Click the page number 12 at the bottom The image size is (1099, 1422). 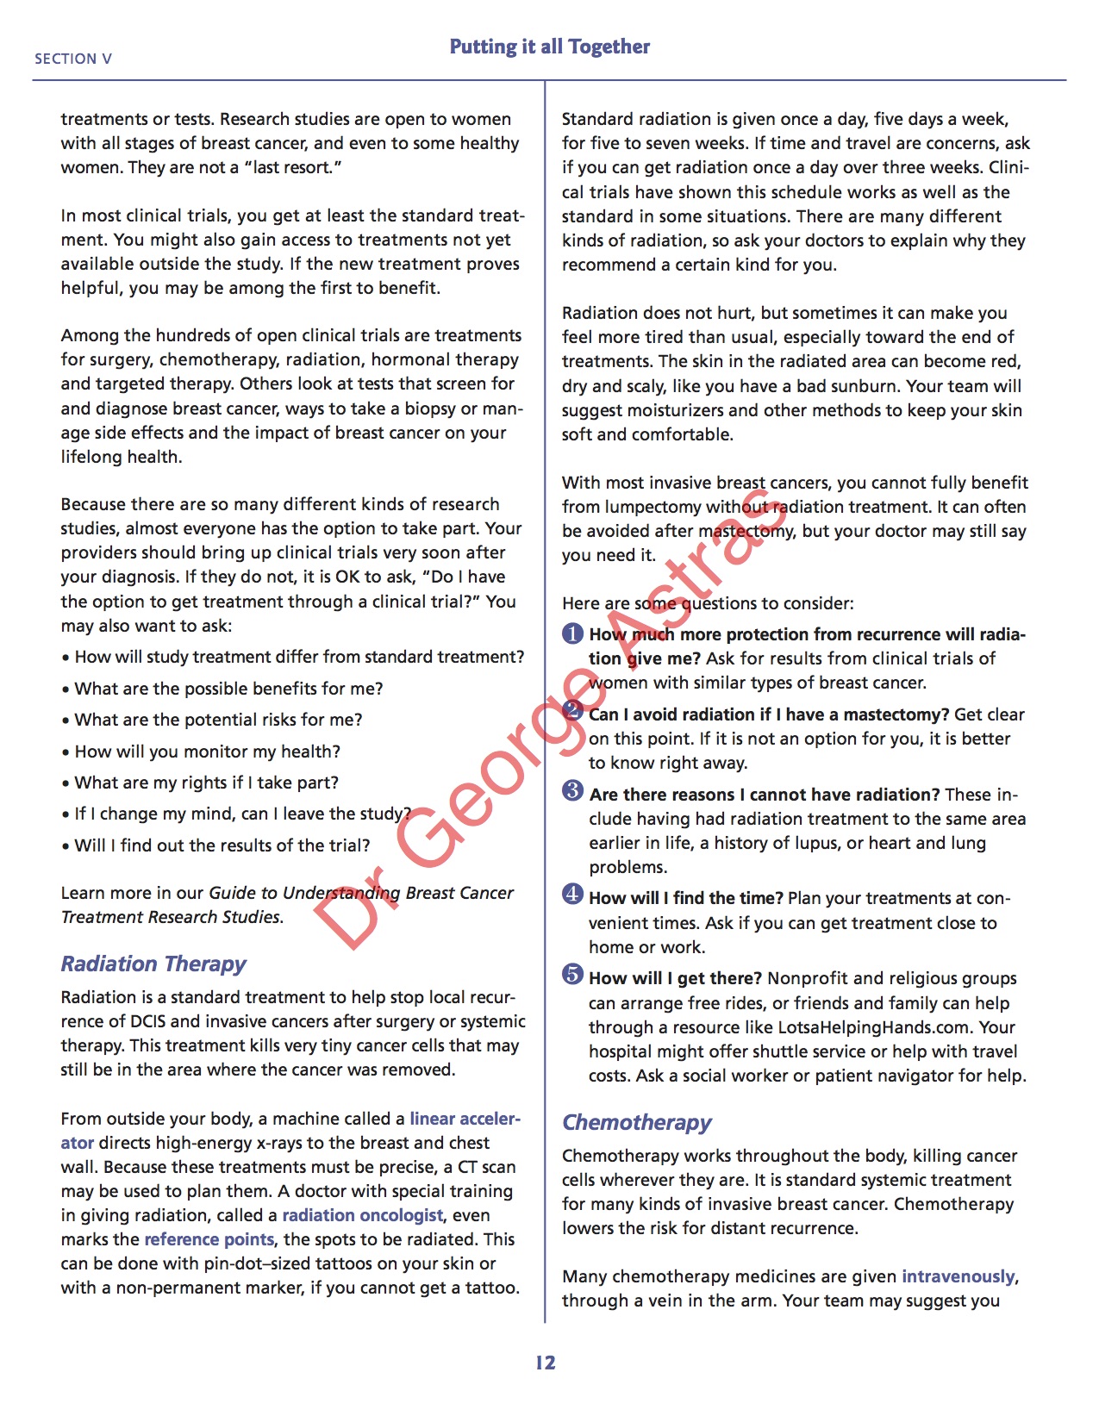coord(546,1363)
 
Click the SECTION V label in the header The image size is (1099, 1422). coord(73,59)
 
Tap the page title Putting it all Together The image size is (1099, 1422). coord(549,47)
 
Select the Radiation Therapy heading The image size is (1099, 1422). coord(153,964)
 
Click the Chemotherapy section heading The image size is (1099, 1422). coord(637,1122)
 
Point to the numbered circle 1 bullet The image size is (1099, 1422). coord(573,634)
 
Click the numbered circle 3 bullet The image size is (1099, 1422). coord(573,790)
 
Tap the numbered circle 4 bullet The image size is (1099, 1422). coord(573,894)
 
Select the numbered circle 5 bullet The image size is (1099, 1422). coord(573,975)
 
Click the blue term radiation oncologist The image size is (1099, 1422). coord(363,1215)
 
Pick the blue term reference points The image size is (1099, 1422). coord(209,1239)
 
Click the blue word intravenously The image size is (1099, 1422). coord(959,1276)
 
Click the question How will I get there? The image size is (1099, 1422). coord(676,978)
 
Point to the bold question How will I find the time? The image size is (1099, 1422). coord(686,898)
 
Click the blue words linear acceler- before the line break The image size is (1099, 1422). coord(465,1119)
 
